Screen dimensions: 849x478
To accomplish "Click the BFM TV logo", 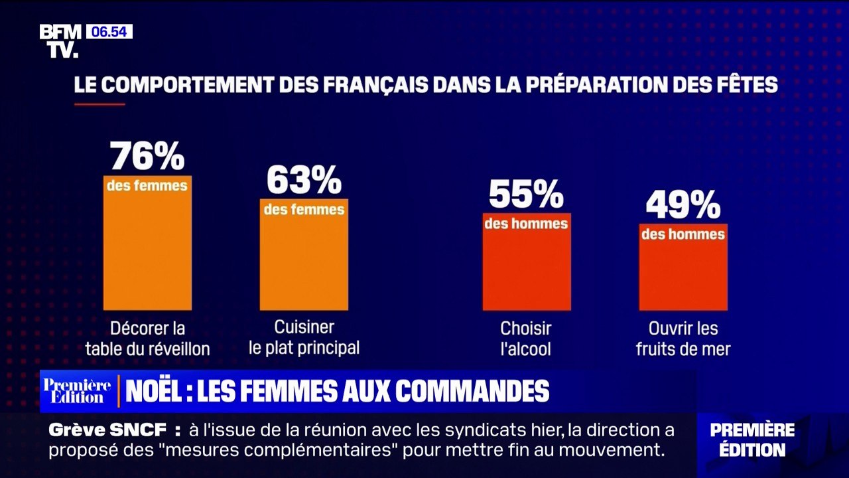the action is tap(60, 41).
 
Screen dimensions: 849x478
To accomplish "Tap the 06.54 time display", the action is tap(109, 31).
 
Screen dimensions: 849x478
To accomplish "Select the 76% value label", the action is tap(147, 156).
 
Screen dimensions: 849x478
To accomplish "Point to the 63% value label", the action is tap(304, 180).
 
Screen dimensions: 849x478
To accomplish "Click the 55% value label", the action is tap(527, 194).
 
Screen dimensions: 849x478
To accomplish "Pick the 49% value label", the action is tap(683, 205).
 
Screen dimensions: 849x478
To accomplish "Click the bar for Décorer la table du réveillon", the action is tap(147, 243).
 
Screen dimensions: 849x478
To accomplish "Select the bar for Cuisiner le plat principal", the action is tap(304, 254).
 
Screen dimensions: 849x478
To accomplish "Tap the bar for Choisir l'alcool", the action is tap(527, 262).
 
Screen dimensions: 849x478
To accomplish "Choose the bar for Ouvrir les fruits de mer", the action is tap(683, 267).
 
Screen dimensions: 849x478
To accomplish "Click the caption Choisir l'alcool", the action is tap(526, 339).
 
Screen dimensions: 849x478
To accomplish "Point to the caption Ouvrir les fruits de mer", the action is tap(683, 339).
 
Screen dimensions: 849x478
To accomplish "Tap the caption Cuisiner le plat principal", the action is tap(304, 338).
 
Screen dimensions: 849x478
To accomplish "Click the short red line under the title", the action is tap(99, 104).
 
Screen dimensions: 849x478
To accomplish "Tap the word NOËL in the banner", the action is tap(153, 391).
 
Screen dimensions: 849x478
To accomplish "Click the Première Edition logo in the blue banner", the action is tap(77, 391).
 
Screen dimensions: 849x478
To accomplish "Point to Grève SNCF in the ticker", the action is tap(107, 430).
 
